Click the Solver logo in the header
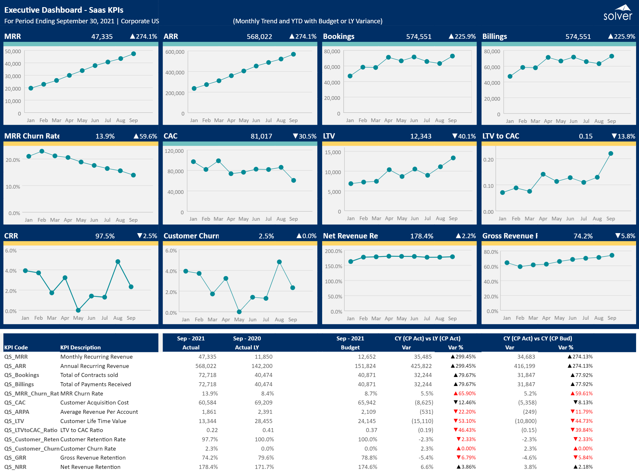coord(618,12)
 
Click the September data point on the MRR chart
coord(133,54)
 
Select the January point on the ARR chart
coord(194,88)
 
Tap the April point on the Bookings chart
coord(388,57)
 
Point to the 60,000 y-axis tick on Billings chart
coord(492,67)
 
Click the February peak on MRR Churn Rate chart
coord(42,151)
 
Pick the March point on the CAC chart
coord(218,161)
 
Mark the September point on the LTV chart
coord(453,158)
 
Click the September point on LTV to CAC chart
coord(611,153)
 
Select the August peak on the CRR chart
coord(118,261)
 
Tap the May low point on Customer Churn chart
coord(239,312)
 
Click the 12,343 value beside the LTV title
coord(421,136)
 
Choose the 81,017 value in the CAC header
coord(261,136)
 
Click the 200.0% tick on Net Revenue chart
coord(333,251)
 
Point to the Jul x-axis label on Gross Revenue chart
coord(586,318)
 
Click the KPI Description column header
coord(80,347)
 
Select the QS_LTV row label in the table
coord(14,421)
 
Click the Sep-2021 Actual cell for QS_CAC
coord(207,402)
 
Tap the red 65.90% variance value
coord(465,393)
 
